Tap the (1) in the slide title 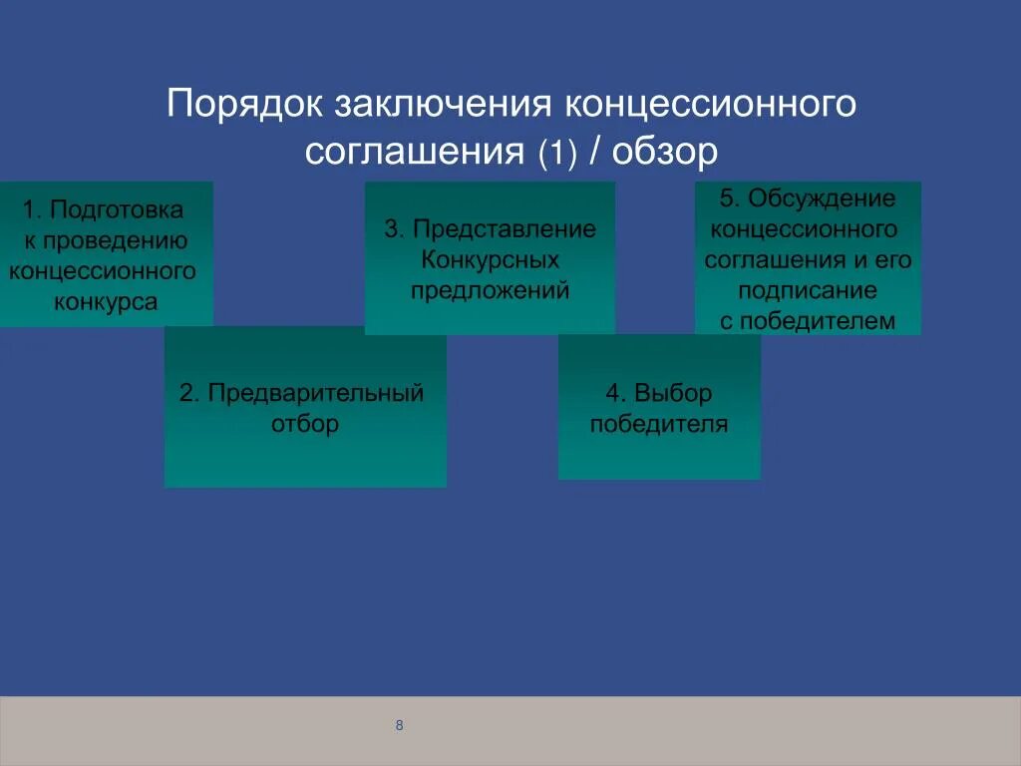tap(557, 153)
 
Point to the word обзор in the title tap(665, 152)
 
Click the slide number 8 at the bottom tap(399, 725)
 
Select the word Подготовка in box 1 tap(117, 210)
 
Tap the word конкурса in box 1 tap(106, 302)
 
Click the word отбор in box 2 tap(305, 424)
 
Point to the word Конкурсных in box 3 tap(490, 260)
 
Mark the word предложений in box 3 tap(490, 291)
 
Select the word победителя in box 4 tap(659, 424)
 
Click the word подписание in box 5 tap(808, 290)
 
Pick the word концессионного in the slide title tap(712, 105)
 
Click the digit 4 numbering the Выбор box tap(612, 393)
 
